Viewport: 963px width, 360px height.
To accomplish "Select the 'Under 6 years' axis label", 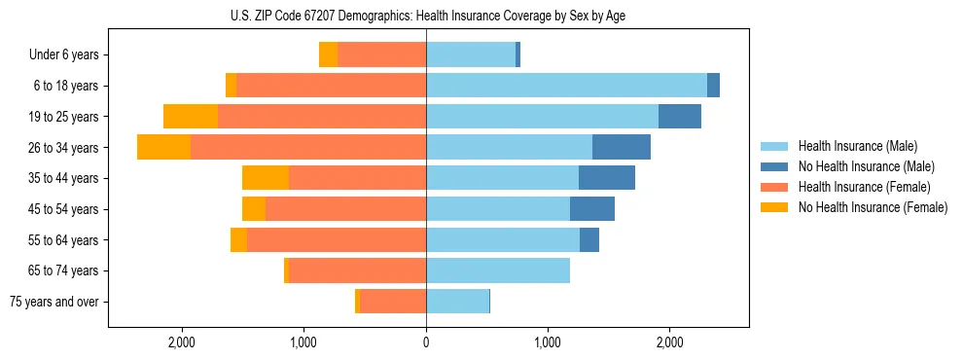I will click(69, 54).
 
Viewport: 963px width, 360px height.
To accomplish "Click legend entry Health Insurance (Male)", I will click(857, 146).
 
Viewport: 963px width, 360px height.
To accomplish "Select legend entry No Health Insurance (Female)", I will click(873, 207).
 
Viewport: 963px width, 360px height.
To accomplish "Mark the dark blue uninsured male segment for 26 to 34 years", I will click(622, 147).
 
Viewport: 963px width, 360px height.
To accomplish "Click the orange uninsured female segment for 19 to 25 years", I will click(191, 117).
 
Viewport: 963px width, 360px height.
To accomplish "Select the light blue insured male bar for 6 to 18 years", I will click(566, 86).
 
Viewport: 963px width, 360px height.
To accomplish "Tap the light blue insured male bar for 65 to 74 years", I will click(498, 270).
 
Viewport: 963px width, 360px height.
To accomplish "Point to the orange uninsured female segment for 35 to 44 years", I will click(266, 178).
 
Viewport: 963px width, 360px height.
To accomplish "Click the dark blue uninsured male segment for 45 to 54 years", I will click(592, 209).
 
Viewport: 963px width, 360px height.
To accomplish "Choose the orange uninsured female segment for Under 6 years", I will click(329, 54).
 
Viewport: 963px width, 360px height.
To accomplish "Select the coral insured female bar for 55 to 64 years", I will click(337, 240).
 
